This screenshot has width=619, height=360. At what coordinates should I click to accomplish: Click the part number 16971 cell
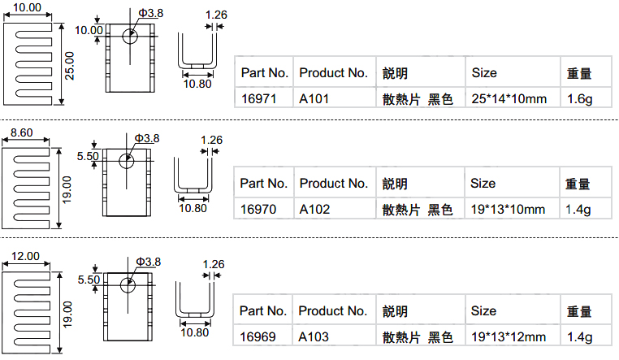pyautogui.click(x=258, y=98)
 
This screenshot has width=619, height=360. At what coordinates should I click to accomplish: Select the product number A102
pyautogui.click(x=314, y=209)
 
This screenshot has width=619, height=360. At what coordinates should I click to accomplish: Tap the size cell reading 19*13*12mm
pyautogui.click(x=509, y=336)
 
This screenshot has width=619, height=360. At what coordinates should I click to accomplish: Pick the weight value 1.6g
pyautogui.click(x=579, y=98)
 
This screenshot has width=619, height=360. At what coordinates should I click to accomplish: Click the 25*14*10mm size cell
pyautogui.click(x=509, y=98)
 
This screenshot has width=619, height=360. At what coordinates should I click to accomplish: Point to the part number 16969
pyautogui.click(x=258, y=336)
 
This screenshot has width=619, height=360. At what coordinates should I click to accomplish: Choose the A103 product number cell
pyautogui.click(x=314, y=336)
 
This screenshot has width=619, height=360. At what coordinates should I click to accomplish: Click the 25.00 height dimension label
pyautogui.click(x=69, y=66)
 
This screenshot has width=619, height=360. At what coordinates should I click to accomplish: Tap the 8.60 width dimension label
pyautogui.click(x=22, y=132)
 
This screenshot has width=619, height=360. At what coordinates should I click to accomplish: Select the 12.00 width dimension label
pyautogui.click(x=25, y=256)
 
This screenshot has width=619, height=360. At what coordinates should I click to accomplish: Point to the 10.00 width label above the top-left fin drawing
pyautogui.click(x=27, y=7)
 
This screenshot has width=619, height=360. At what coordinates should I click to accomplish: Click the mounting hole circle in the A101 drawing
pyautogui.click(x=130, y=37)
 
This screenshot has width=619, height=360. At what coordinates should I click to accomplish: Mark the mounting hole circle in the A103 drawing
pyautogui.click(x=128, y=285)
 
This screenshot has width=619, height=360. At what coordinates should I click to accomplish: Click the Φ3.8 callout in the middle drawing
pyautogui.click(x=147, y=138)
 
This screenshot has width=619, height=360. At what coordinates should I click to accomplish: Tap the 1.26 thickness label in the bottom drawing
pyautogui.click(x=213, y=264)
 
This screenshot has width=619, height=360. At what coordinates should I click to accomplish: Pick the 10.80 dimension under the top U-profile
pyautogui.click(x=197, y=84)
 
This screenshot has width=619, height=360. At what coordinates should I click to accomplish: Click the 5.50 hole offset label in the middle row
pyautogui.click(x=88, y=156)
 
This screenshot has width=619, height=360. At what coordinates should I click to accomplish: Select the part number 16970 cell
pyautogui.click(x=258, y=209)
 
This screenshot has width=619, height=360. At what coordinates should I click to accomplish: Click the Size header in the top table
pyautogui.click(x=484, y=72)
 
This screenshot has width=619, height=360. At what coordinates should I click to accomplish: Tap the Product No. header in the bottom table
pyautogui.click(x=332, y=310)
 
